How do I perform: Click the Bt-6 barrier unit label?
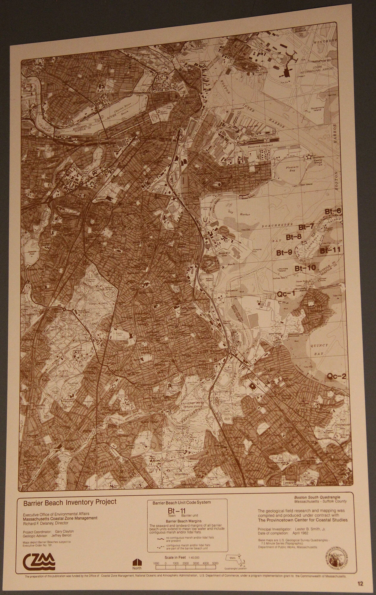point(333,212)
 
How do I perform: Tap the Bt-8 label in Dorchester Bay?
point(294,237)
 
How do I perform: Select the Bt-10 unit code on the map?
point(305,268)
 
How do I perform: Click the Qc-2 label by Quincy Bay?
point(337,377)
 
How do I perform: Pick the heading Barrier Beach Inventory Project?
point(70,502)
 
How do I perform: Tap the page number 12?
point(361,584)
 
